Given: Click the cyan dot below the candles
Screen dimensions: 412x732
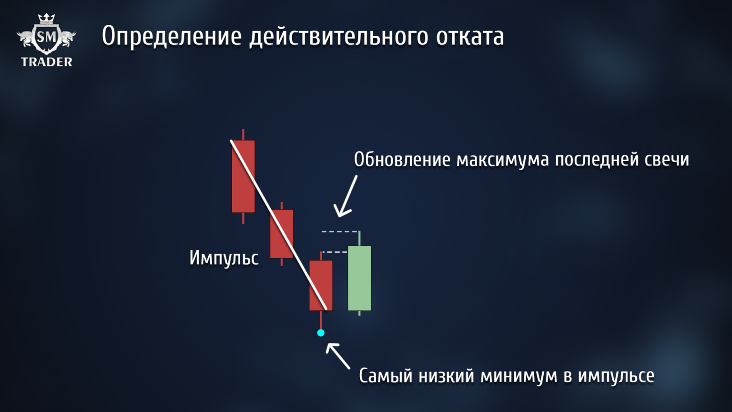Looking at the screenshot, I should click(x=321, y=333).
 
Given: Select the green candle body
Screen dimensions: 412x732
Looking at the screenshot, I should click(x=359, y=278).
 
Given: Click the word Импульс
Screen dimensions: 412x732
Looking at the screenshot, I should click(x=224, y=258).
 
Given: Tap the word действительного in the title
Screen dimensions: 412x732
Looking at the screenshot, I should click(x=339, y=37).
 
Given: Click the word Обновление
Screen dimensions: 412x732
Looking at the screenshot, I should click(x=402, y=159).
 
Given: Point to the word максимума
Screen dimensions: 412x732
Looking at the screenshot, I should click(x=503, y=159).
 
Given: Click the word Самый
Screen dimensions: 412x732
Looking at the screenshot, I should click(x=386, y=376).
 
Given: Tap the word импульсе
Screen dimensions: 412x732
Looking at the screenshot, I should click(x=616, y=376).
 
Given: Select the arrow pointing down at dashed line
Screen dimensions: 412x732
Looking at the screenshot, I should click(x=346, y=196).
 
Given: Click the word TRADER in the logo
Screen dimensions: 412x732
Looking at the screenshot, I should click(x=47, y=62).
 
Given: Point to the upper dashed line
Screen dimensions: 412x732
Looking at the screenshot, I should click(x=339, y=231).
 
